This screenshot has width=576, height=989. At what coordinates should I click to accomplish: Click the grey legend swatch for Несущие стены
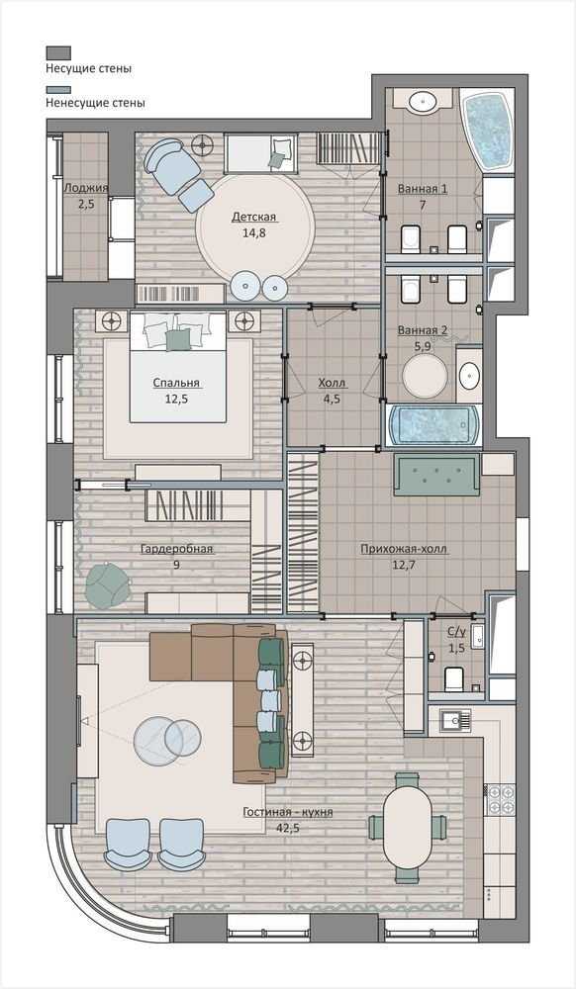click(58, 52)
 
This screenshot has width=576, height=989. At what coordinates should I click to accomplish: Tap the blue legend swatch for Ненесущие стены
click(58, 90)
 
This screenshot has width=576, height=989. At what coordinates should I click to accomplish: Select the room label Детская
click(253, 217)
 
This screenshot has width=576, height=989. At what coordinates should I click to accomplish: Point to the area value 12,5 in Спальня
click(176, 399)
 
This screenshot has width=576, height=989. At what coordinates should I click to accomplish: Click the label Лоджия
click(86, 187)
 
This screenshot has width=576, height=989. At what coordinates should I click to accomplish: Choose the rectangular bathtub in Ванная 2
click(434, 424)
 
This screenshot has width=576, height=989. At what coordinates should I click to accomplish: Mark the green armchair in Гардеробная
click(106, 583)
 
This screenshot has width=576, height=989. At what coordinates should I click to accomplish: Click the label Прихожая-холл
click(404, 549)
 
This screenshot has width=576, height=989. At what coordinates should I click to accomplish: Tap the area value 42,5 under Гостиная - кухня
click(288, 828)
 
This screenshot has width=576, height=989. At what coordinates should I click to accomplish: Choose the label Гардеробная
click(176, 549)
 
